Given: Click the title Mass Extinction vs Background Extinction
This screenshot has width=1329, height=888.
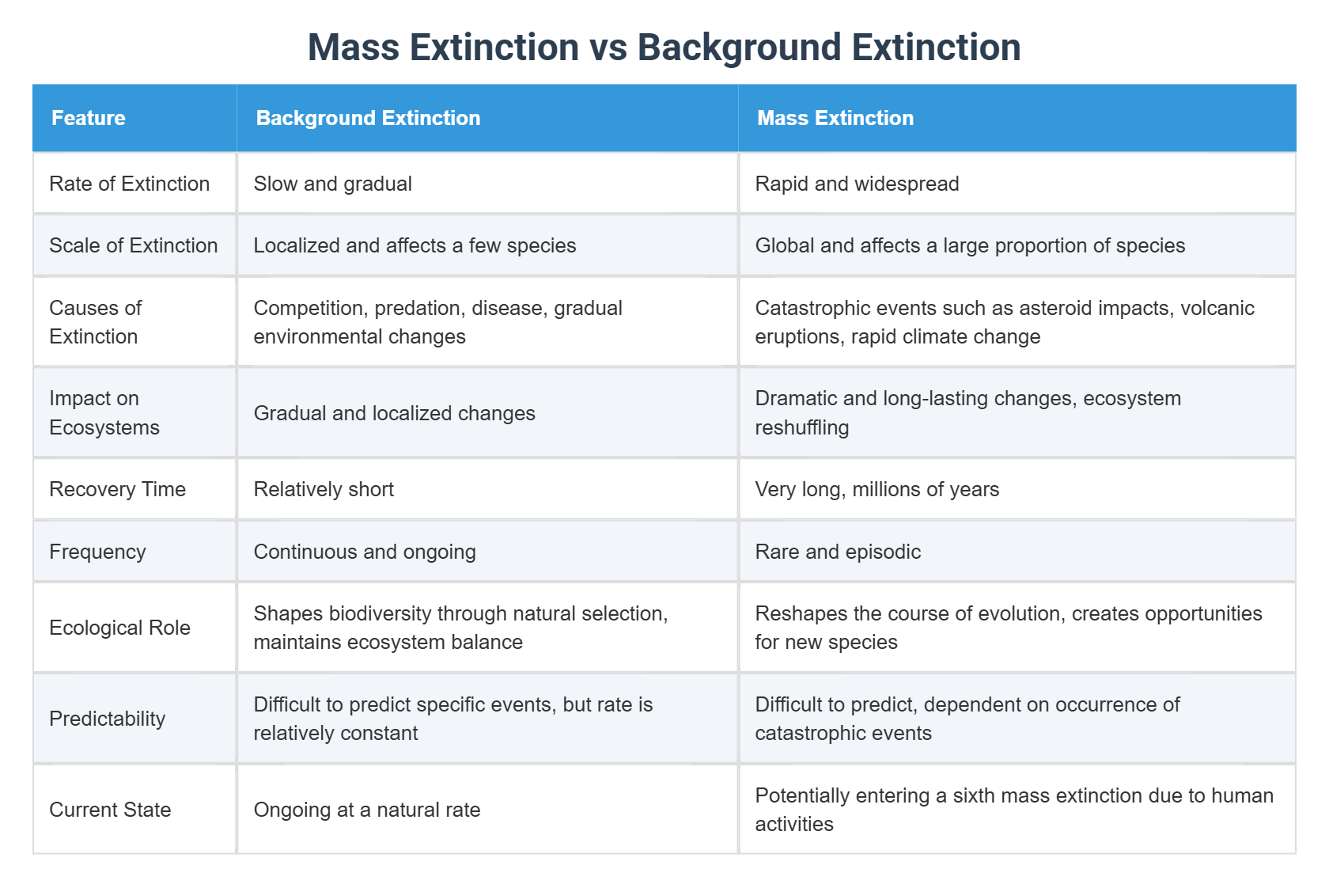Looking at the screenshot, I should [664, 47].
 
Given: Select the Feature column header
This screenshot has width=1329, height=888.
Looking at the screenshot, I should [89, 118].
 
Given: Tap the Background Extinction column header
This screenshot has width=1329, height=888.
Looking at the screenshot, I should [368, 118].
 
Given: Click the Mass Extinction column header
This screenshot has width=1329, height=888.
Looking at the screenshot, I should [835, 118].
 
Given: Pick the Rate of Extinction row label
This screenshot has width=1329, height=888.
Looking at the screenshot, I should [129, 184].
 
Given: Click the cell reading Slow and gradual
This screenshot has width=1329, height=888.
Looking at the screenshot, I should [332, 184].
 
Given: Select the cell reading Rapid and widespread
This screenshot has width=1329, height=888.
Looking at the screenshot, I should [857, 184].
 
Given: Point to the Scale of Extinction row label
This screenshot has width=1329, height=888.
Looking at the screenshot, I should [133, 245].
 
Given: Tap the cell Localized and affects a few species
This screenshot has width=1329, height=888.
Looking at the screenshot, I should [415, 245].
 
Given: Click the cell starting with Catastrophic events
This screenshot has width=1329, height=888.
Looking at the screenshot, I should [1004, 321].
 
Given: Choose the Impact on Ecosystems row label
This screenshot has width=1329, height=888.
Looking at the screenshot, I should [104, 412].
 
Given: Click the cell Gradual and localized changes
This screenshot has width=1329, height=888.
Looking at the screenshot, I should [394, 413].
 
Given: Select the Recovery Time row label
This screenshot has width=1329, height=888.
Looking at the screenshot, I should [117, 489].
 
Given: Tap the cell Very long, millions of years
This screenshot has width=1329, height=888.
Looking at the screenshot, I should [877, 489].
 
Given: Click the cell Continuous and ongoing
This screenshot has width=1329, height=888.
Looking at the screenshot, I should [364, 552].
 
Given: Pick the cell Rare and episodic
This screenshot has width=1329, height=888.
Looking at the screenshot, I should [838, 552].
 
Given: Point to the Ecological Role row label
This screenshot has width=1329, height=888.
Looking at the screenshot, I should [119, 628].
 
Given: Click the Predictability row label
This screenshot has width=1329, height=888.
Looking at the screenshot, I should [107, 719].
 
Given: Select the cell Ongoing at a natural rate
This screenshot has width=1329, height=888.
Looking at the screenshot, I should [366, 810].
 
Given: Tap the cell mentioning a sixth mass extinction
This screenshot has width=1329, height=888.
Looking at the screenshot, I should [1013, 809].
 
